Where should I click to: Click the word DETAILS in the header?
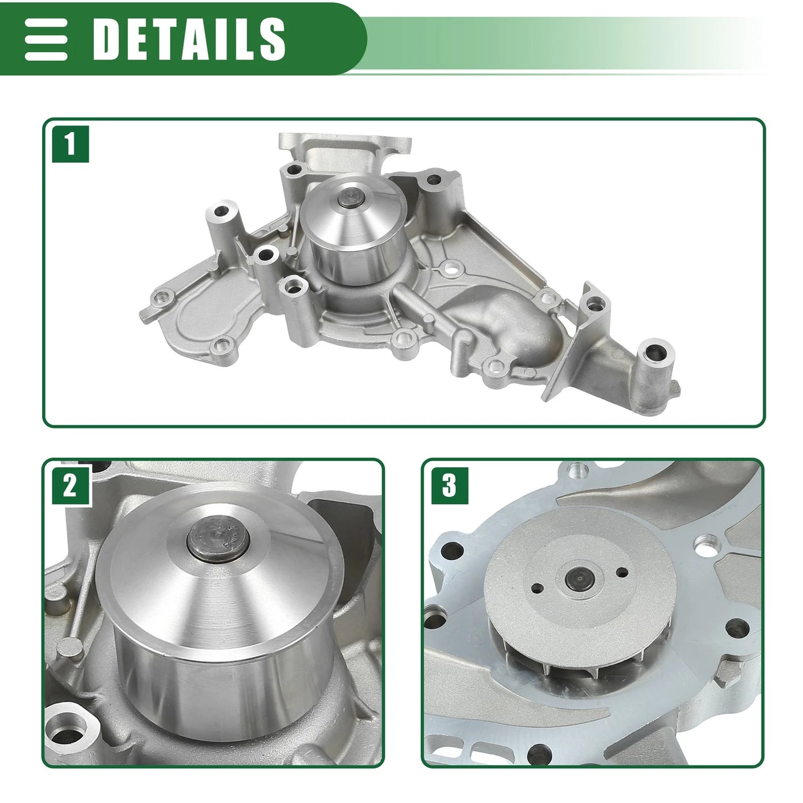click(189, 39)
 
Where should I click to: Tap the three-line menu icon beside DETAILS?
click(46, 39)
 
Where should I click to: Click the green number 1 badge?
click(70, 144)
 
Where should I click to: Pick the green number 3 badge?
click(449, 486)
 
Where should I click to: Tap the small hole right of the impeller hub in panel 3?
click(622, 572)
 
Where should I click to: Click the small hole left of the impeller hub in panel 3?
click(537, 588)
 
